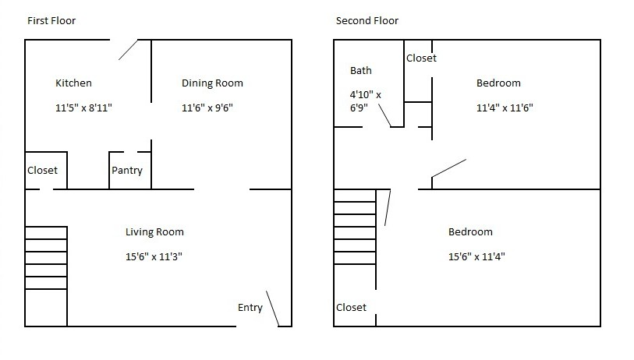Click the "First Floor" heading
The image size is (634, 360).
point(51,21)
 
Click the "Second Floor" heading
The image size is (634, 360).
point(367,21)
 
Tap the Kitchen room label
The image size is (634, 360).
point(73,83)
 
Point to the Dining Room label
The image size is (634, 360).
point(212,83)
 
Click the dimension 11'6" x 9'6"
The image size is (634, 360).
point(207,108)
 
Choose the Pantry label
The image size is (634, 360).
point(127,171)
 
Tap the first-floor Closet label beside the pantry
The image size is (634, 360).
point(42,171)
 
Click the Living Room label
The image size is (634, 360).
point(154,231)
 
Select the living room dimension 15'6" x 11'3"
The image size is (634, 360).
point(154,256)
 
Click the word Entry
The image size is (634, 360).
point(250,308)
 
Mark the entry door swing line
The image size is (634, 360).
point(273,308)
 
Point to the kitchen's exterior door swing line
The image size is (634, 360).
point(129,50)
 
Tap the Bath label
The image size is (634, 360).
point(361,71)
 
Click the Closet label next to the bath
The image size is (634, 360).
point(421,58)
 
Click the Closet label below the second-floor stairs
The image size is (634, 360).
point(351,308)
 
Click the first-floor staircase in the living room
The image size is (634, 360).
point(46,257)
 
